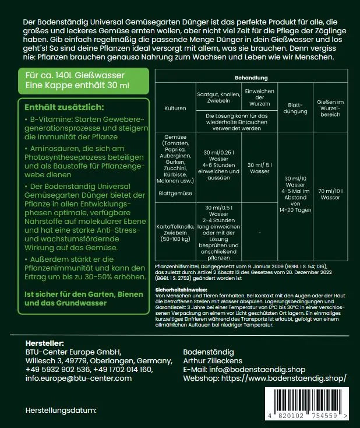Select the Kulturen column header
[175, 108]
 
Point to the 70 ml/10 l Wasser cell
[330, 194]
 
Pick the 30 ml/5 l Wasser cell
[259, 168]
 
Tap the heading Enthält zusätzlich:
[64, 107]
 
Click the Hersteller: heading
[45, 342]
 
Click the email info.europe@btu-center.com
[79, 378]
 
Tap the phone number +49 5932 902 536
[58, 369]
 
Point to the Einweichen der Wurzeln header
[259, 97]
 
